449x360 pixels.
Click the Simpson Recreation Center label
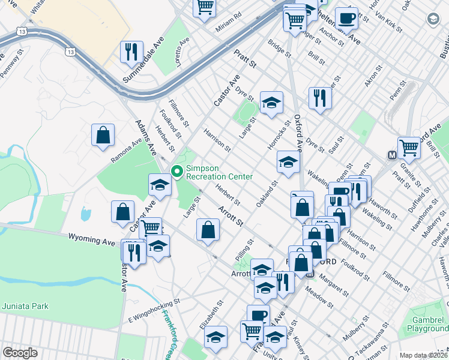pos(218,172)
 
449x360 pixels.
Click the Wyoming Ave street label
pos(91,240)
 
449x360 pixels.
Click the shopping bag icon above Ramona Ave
pos(103,134)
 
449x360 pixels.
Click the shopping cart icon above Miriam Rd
pos(205,7)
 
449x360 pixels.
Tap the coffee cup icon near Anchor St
pos(346,18)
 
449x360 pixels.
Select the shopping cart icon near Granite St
pos(408,147)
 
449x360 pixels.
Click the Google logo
pos(20,353)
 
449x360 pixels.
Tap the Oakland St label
pos(267,196)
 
